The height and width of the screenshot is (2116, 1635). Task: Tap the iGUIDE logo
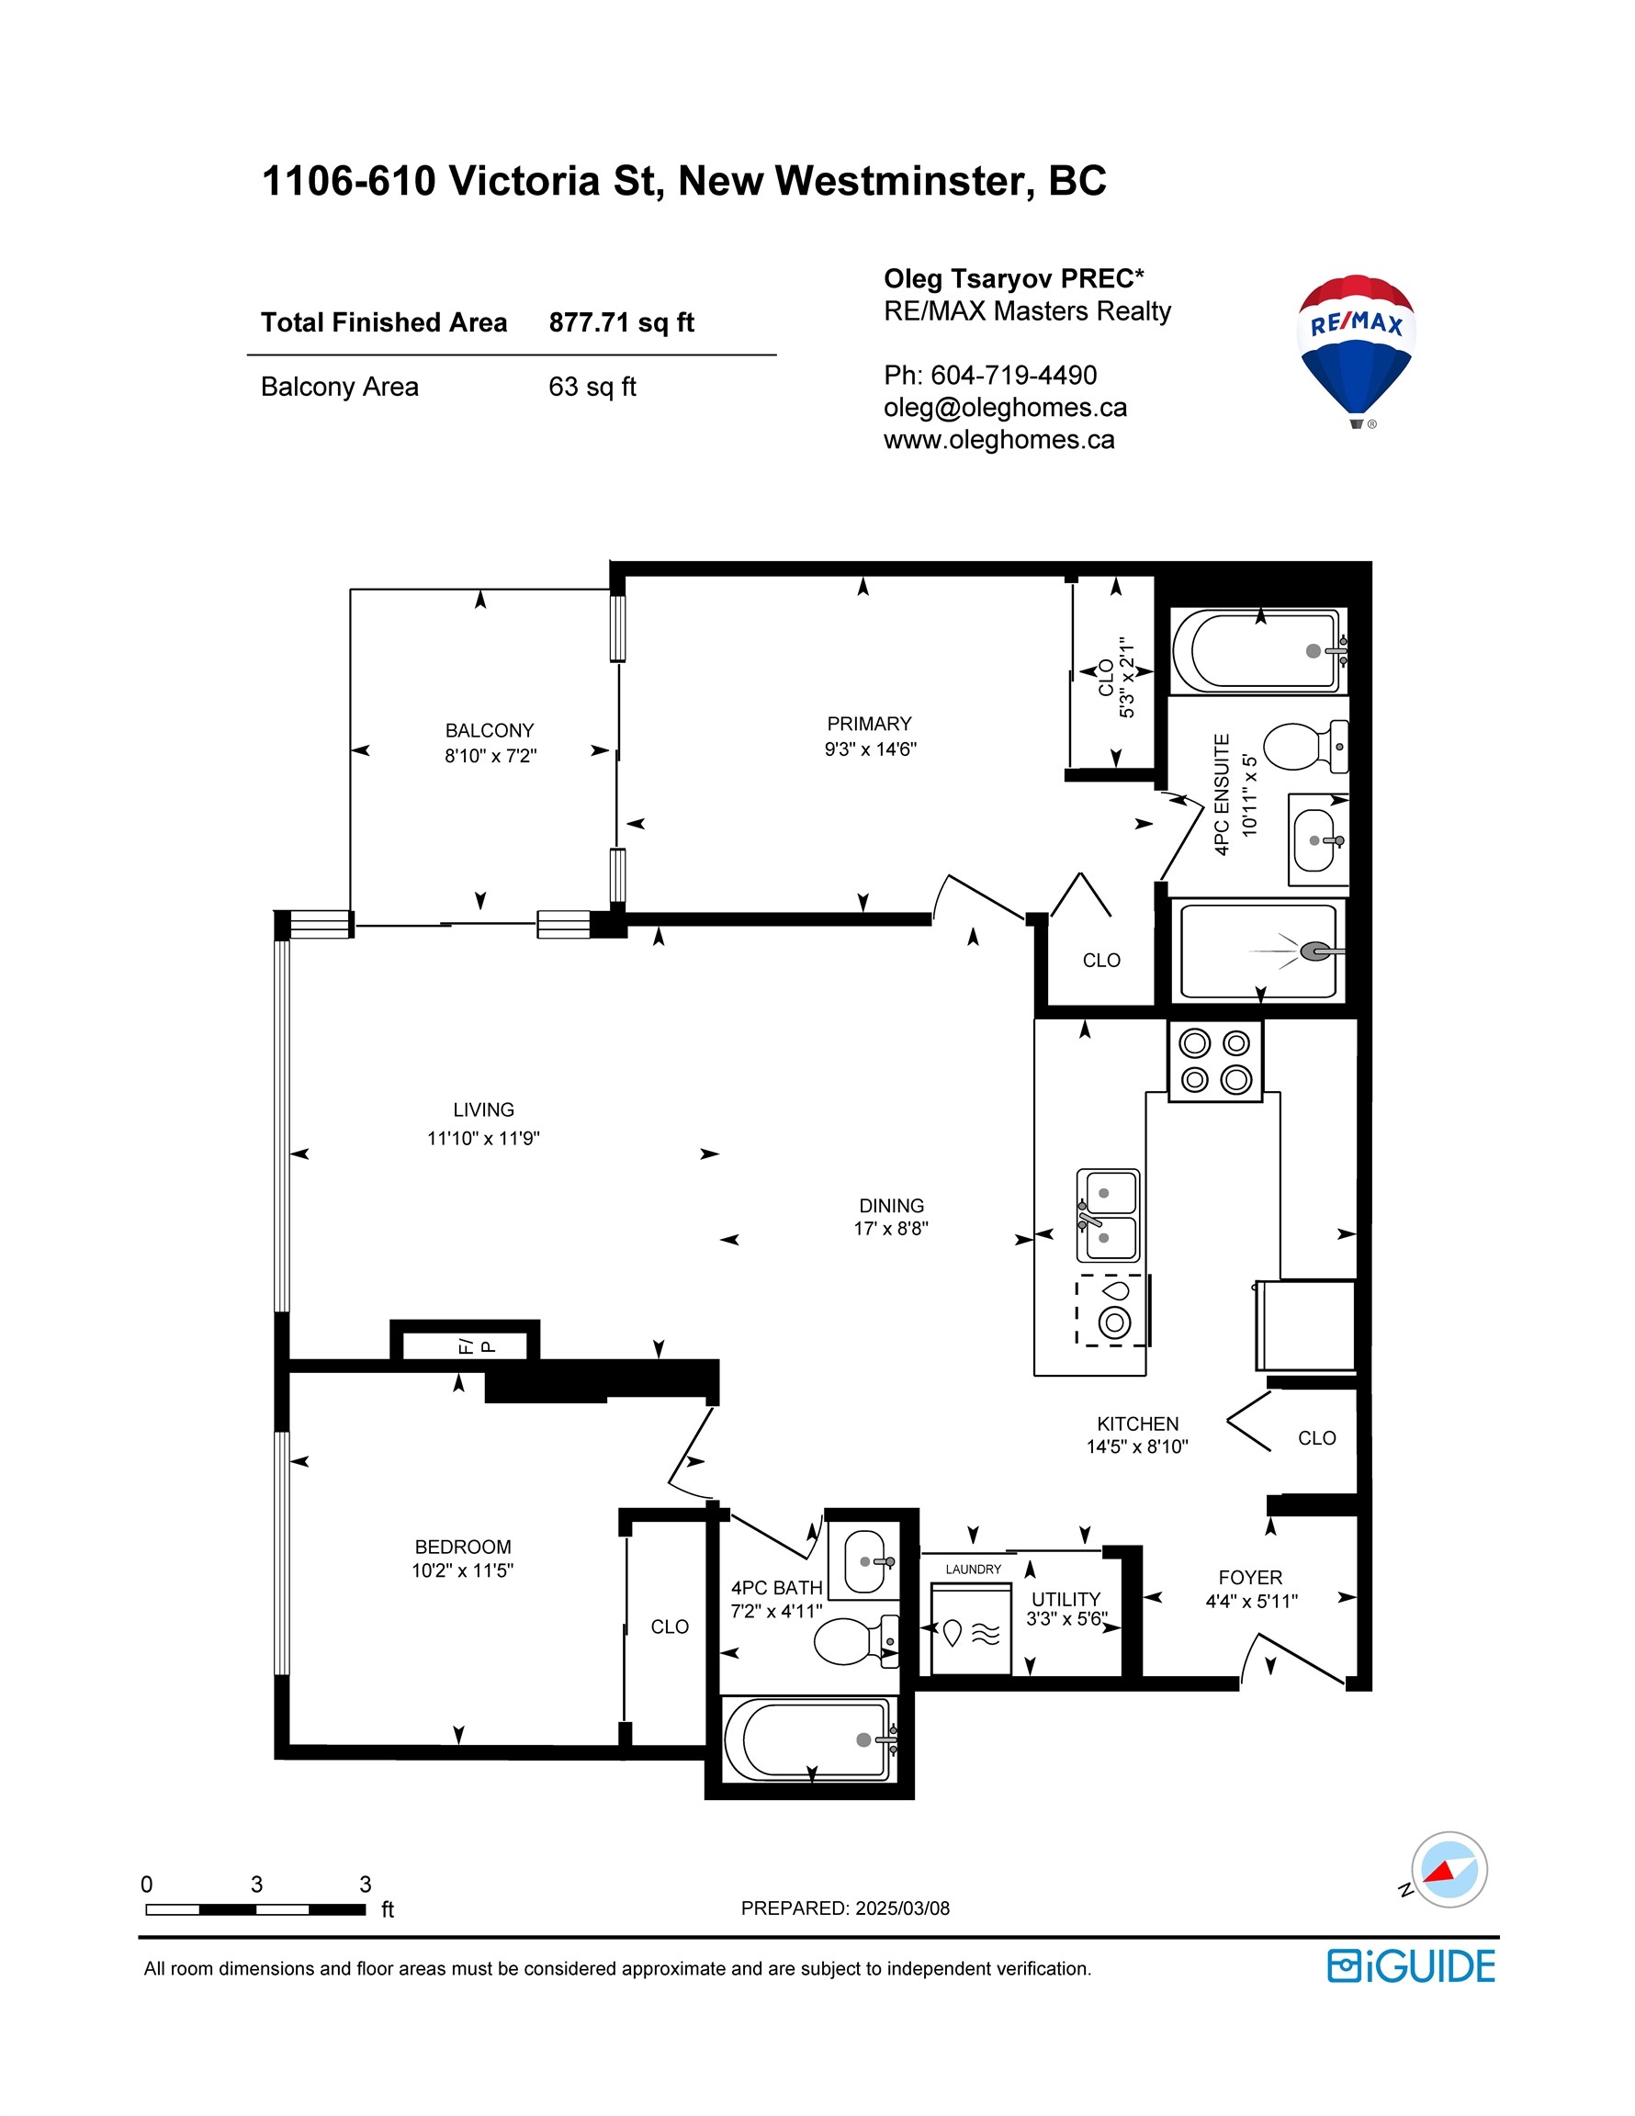point(1411,1965)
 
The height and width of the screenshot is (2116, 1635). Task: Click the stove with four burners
point(1215,1061)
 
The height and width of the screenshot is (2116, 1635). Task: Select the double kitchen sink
point(1108,1215)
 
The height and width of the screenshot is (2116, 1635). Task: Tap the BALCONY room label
point(490,730)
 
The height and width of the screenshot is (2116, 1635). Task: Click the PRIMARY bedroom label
point(869,724)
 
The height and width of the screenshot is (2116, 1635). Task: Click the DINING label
point(892,1205)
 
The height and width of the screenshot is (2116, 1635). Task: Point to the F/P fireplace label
point(477,1345)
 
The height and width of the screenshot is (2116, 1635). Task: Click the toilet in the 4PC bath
point(856,1640)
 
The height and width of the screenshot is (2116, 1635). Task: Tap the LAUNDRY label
point(974,1569)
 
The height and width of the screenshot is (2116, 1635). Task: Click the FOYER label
point(1250,1577)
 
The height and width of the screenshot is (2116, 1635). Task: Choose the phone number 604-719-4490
point(1014,375)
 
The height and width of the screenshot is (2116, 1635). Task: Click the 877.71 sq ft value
point(621,322)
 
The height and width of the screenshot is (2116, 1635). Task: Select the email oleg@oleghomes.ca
point(1005,408)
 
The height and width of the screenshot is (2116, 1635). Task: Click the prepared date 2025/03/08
point(901,1908)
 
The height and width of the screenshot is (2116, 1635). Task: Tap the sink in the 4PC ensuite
point(1317,840)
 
